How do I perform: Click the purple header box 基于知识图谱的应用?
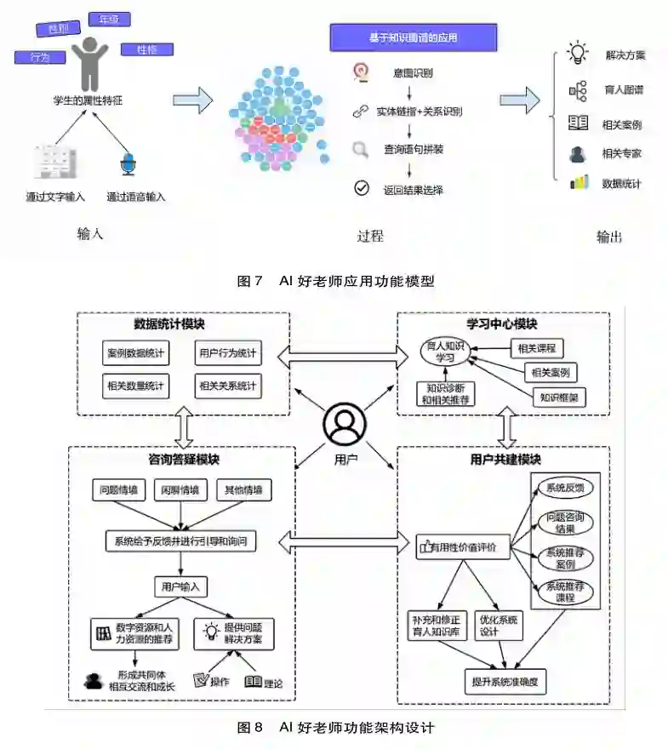pyautogui.click(x=413, y=37)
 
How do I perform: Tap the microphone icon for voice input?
pyautogui.click(x=128, y=164)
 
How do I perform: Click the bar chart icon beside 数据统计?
pyautogui.click(x=579, y=182)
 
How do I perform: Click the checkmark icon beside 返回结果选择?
pyautogui.click(x=362, y=188)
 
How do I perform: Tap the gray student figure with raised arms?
pyautogui.click(x=88, y=65)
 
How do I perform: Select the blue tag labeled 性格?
pyautogui.click(x=146, y=49)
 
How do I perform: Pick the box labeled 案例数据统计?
pyautogui.click(x=136, y=352)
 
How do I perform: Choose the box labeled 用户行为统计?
pyautogui.click(x=227, y=352)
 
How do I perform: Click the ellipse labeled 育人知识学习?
pyautogui.click(x=446, y=351)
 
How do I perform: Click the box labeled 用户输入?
pyautogui.click(x=180, y=586)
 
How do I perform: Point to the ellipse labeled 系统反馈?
pyautogui.click(x=564, y=489)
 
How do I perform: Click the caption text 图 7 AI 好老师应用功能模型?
pyautogui.click(x=334, y=281)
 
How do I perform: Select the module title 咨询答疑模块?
pyautogui.click(x=183, y=460)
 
